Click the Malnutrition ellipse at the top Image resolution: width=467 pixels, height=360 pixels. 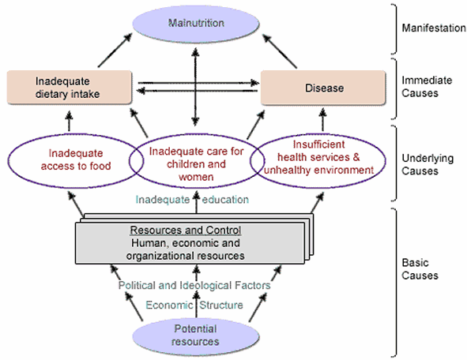[x=196, y=24]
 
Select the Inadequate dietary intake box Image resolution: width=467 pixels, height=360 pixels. [x=69, y=88]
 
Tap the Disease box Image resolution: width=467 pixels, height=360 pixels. [x=323, y=88]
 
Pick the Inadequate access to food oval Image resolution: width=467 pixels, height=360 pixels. [x=76, y=161]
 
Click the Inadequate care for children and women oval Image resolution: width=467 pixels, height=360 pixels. [x=196, y=162]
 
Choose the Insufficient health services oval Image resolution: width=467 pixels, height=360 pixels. [x=318, y=161]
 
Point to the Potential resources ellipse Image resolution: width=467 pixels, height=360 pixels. [x=196, y=336]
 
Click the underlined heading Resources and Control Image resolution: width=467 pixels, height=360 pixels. [x=185, y=231]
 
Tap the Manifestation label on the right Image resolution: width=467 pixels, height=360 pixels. [x=434, y=28]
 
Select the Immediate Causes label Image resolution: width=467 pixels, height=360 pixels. [x=427, y=87]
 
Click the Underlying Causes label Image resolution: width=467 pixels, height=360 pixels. [x=427, y=164]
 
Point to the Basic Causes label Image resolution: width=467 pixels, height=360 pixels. [x=420, y=269]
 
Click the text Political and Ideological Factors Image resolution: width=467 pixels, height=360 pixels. [x=194, y=285]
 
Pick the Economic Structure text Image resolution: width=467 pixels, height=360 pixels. [x=194, y=305]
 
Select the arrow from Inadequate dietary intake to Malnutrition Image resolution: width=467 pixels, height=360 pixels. [x=115, y=51]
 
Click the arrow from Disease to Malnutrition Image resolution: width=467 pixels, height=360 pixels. [x=280, y=51]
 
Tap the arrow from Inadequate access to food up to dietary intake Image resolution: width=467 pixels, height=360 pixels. [x=69, y=121]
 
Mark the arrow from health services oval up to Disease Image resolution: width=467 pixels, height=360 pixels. [x=322, y=120]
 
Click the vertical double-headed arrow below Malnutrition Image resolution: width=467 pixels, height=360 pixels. [x=195, y=87]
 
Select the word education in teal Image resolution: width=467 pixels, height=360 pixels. [x=225, y=200]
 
